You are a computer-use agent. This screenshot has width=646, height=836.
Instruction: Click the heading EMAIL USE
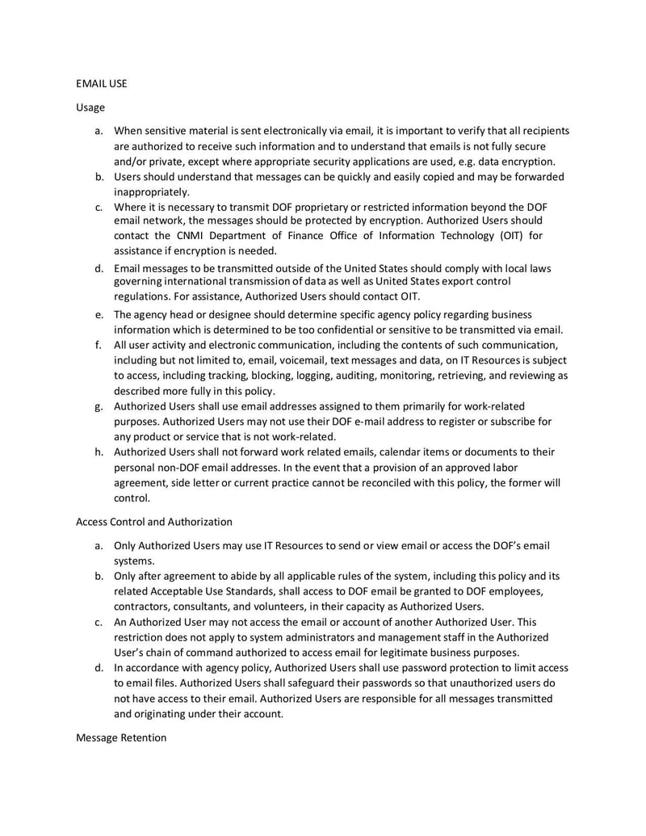click(x=101, y=82)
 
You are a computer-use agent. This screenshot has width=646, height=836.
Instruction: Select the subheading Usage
click(x=90, y=107)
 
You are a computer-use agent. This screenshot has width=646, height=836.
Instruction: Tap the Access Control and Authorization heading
click(x=153, y=522)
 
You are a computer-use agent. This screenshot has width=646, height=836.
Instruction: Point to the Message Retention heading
click(x=121, y=737)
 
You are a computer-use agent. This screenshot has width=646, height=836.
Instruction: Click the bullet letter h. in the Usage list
click(x=99, y=452)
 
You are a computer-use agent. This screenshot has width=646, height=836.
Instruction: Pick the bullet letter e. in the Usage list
click(x=99, y=314)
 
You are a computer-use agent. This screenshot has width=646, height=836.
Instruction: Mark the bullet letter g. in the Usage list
click(x=99, y=406)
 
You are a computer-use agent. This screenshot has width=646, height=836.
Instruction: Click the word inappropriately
click(x=152, y=191)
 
